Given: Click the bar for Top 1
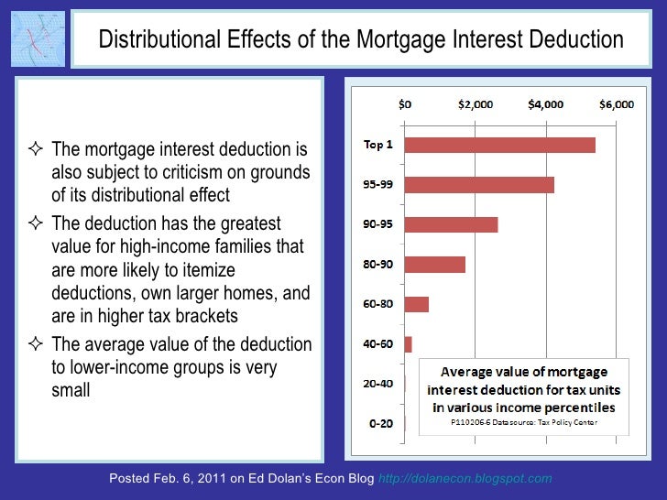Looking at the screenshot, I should click(x=499, y=145).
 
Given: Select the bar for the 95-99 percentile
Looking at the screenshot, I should click(x=478, y=184).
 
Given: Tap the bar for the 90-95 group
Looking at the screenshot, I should click(x=451, y=224).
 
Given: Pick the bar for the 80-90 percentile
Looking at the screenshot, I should click(x=434, y=265).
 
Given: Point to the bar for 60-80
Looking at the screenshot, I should click(x=416, y=304).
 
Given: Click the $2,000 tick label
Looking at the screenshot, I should click(x=475, y=104).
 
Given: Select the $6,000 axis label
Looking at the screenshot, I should click(x=616, y=104).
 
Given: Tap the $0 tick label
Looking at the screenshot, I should click(x=404, y=104).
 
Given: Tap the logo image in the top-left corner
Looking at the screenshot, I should click(x=38, y=38).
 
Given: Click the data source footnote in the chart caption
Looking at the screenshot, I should click(x=521, y=423).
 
